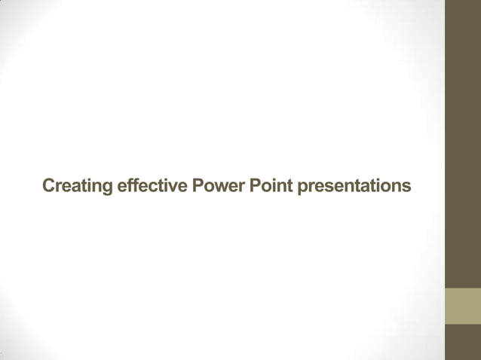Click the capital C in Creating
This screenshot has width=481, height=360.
coord(49,185)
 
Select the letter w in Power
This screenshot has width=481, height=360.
coord(219,187)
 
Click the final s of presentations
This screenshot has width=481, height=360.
coord(407,187)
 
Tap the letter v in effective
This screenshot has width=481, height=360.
coord(170,187)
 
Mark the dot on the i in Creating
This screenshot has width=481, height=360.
coord(90,179)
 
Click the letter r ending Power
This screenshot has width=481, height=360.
coord(240,187)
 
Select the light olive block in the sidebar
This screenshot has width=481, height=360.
coord(463,306)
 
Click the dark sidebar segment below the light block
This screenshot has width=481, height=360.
coord(463,342)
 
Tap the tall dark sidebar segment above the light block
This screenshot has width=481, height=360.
coord(463,143)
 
